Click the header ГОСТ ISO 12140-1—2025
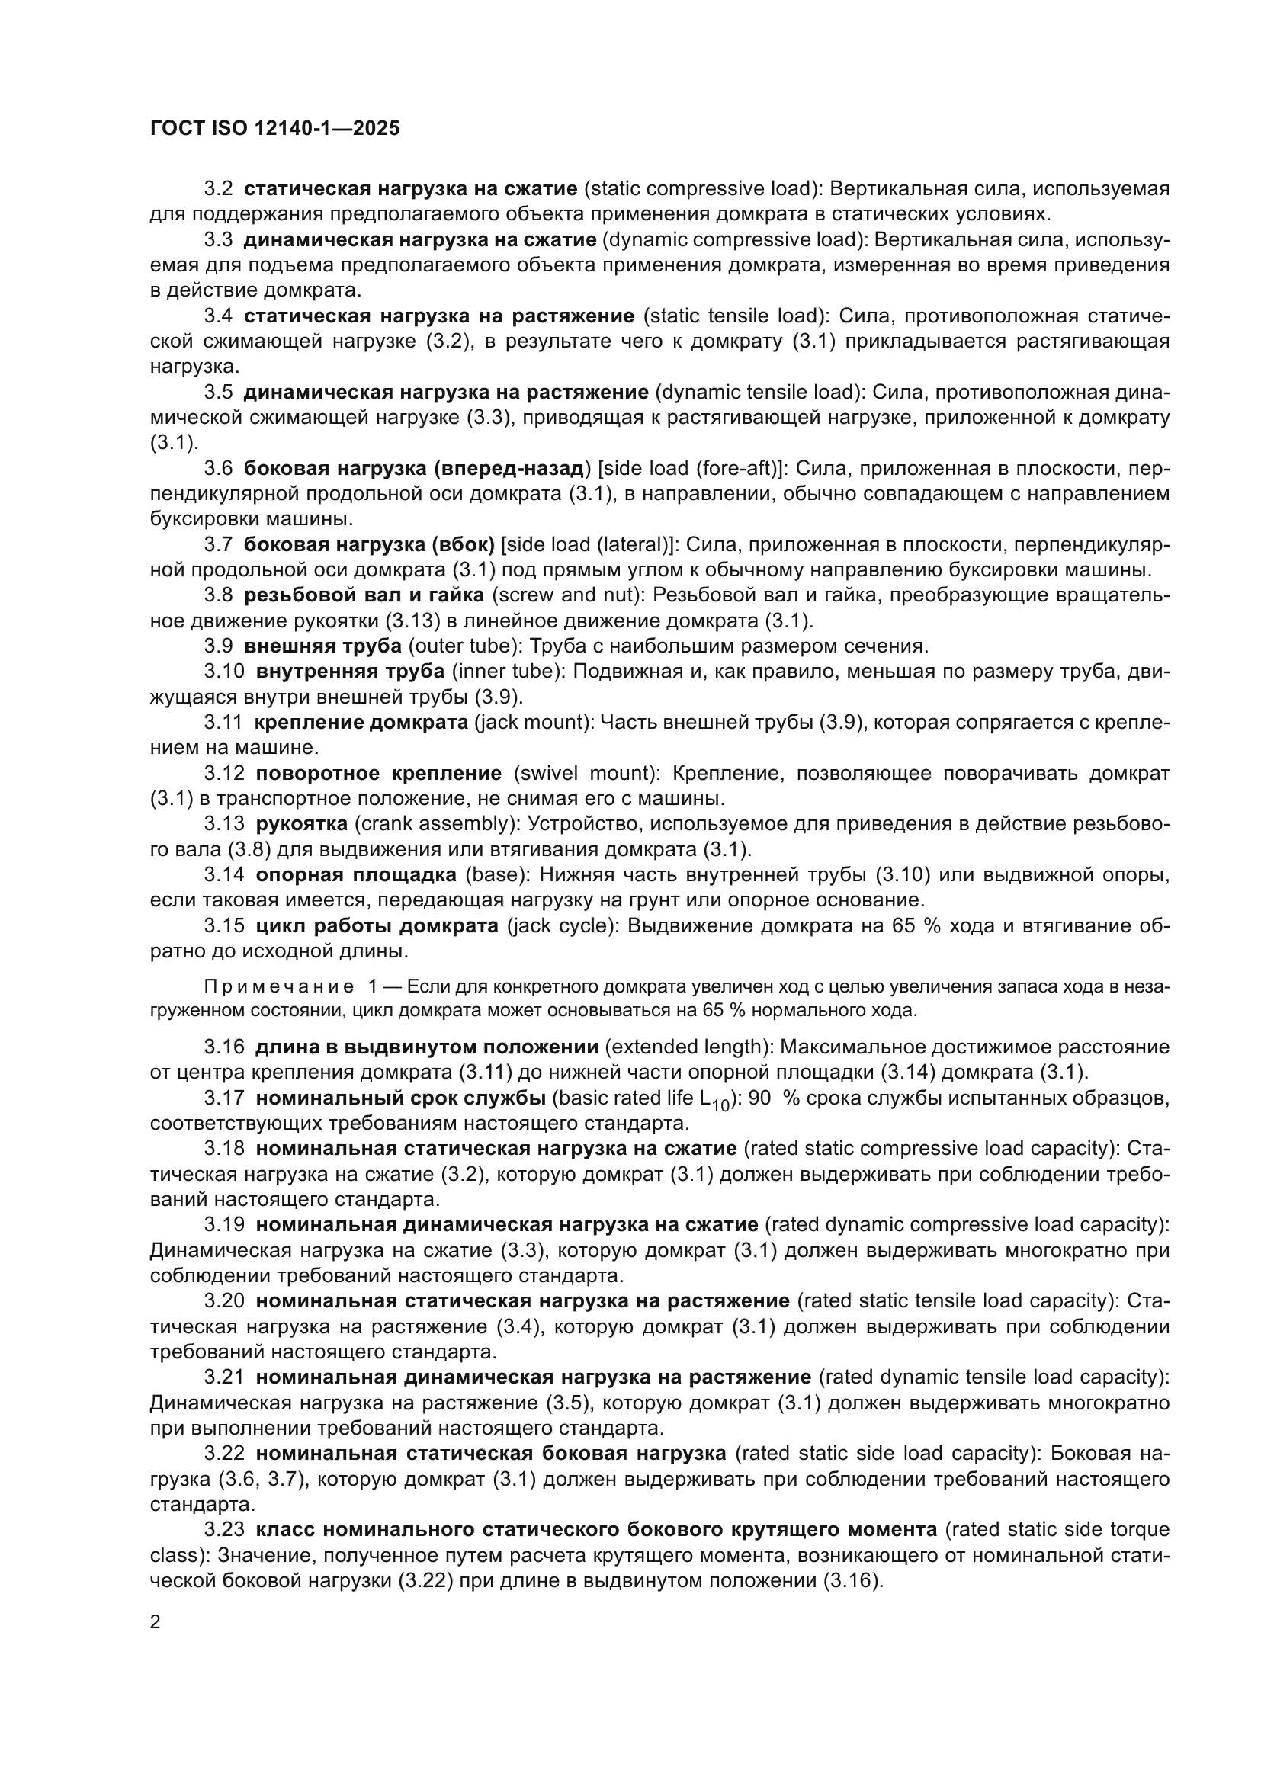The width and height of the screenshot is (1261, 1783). tap(274, 128)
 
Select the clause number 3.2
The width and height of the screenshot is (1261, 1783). tap(218, 189)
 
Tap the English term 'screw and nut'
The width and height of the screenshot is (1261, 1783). tap(566, 595)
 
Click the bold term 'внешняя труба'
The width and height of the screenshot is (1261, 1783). tap(322, 646)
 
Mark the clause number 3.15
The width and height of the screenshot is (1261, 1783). tap(223, 925)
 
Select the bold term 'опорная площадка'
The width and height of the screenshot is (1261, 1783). tap(355, 874)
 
